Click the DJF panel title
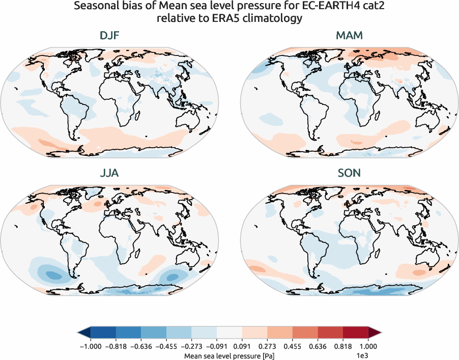[x=109, y=36]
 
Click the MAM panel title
[x=349, y=36]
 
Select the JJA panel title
[x=109, y=174]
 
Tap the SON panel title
[x=349, y=174]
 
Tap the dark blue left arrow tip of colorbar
[x=82, y=333]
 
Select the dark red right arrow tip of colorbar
[x=377, y=333]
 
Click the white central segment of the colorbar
[x=229, y=333]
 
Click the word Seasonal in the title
[x=94, y=7]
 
